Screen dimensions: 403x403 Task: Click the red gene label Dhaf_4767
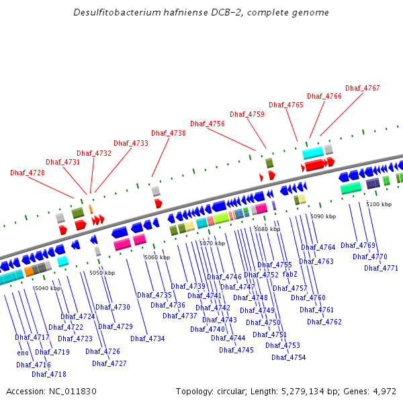point(363,88)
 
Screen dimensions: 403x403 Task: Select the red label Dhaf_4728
point(28,173)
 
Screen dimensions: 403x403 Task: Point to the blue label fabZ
point(290,274)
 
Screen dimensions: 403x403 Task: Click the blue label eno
point(24,353)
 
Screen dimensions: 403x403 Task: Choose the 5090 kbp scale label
point(322,216)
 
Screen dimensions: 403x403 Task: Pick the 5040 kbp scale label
point(48,288)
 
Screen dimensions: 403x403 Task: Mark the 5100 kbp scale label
point(379,204)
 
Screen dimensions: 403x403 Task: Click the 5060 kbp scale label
point(157,257)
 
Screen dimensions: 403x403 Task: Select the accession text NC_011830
point(73,391)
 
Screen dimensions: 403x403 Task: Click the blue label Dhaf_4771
point(382,268)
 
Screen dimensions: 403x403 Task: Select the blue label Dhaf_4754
point(289,357)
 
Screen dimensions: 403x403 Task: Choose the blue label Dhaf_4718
point(49,374)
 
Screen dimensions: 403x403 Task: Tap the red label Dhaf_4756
point(208,124)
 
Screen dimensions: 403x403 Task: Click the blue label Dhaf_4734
point(148,339)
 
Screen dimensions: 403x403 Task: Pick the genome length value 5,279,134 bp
point(311,391)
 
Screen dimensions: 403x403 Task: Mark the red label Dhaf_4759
point(247,114)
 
